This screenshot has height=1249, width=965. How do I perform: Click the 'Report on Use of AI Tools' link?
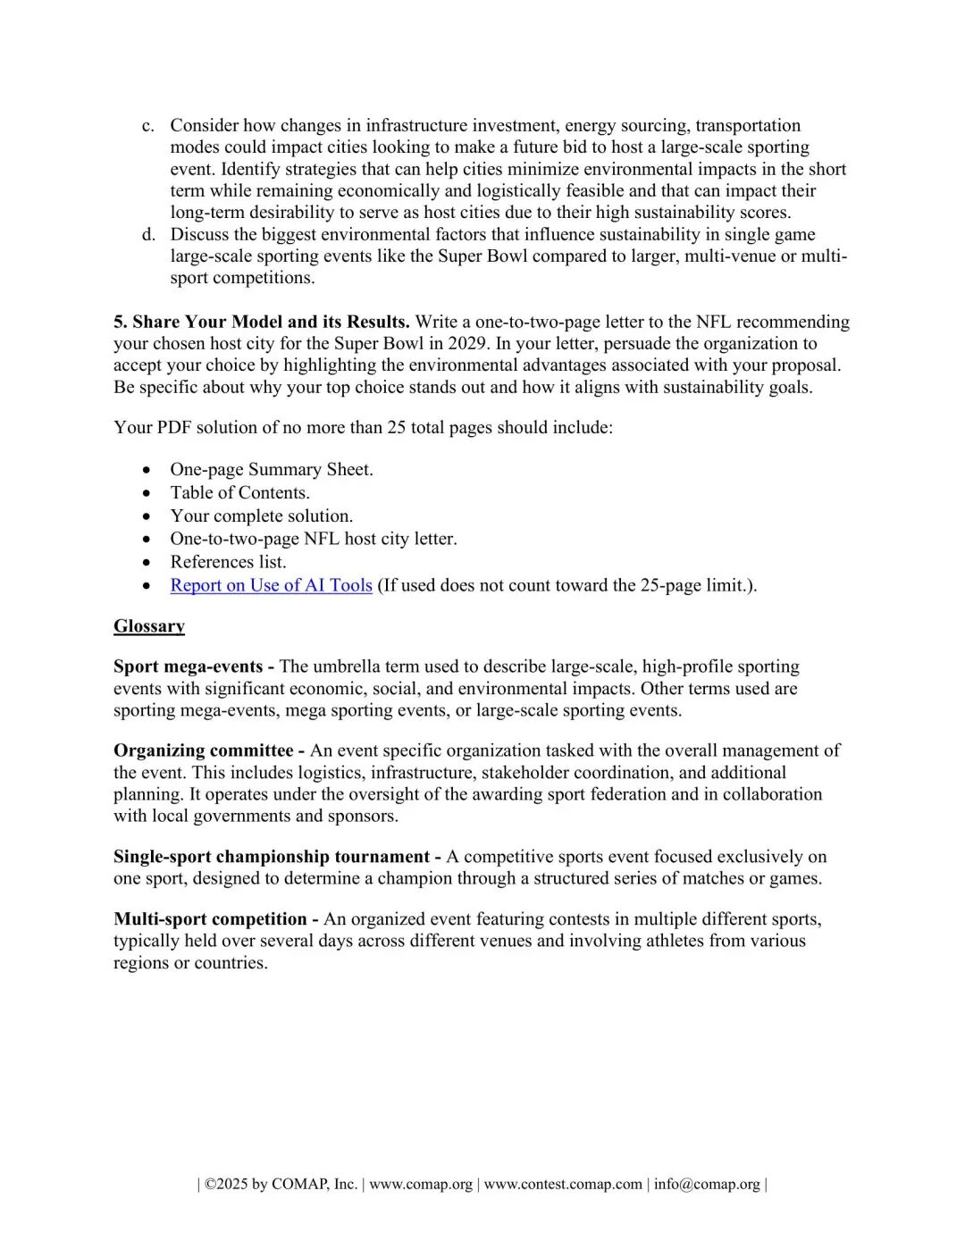(271, 585)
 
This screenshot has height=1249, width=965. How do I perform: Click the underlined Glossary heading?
(149, 626)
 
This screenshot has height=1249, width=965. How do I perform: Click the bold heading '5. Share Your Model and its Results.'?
(262, 322)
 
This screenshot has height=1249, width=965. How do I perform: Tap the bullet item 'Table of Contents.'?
(239, 493)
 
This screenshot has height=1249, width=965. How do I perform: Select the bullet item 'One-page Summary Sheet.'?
(272, 470)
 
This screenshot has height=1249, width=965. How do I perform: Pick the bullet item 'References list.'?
(228, 562)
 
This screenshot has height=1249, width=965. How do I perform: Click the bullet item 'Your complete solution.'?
(262, 516)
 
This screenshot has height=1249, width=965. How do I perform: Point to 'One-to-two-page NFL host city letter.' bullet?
(314, 539)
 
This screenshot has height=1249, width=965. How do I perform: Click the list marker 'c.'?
(148, 126)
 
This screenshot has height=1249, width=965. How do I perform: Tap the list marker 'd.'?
(148, 235)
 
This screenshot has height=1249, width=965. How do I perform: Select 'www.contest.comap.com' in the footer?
(563, 1185)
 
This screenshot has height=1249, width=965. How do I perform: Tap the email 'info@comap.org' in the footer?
(707, 1185)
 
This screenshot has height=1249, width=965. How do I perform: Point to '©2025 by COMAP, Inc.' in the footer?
(281, 1185)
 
